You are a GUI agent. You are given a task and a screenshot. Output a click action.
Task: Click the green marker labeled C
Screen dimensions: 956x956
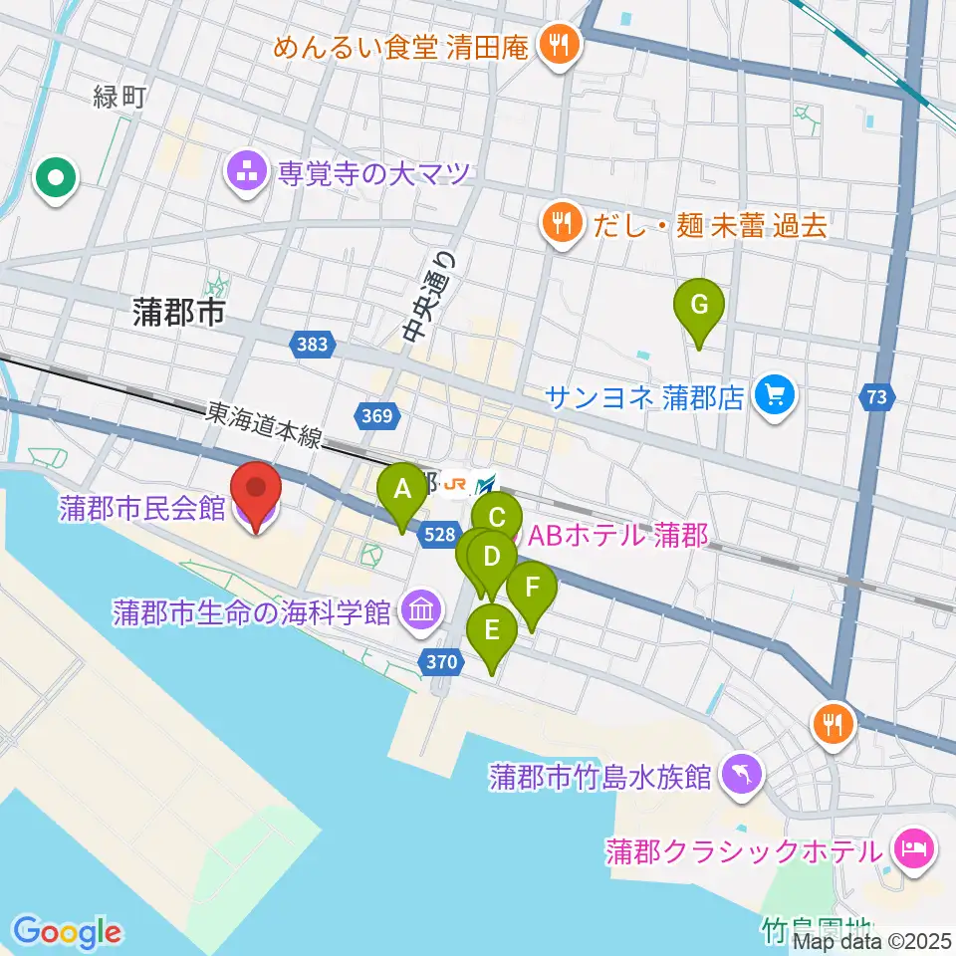point(497,517)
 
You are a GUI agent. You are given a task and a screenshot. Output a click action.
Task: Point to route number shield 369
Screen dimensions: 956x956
point(377,414)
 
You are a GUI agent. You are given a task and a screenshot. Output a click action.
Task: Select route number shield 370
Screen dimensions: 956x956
point(443,660)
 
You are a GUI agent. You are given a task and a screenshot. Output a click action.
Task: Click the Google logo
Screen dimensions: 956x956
point(67,932)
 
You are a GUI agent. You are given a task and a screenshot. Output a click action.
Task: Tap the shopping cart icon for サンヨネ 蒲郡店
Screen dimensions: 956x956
point(774,397)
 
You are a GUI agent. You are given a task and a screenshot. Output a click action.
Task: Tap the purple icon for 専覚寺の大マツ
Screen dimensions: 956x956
point(246,174)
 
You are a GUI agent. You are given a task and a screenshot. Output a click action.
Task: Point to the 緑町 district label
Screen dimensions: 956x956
point(119,98)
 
